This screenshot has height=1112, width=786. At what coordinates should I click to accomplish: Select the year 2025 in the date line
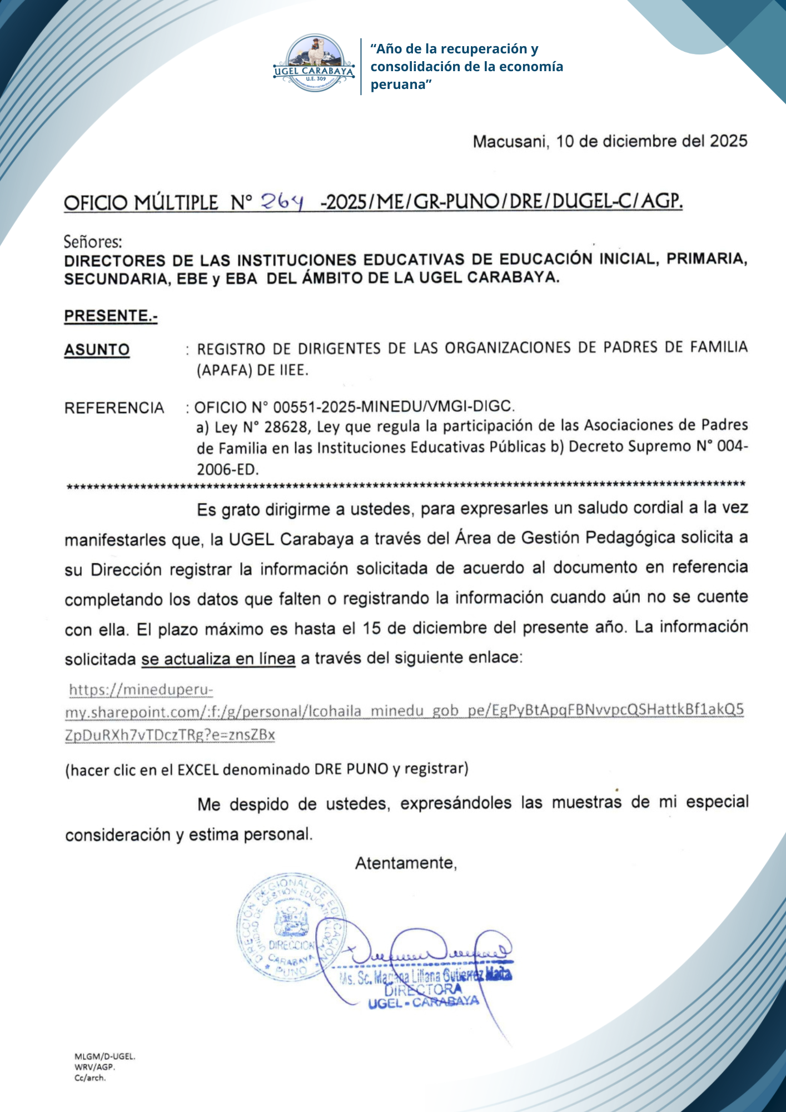728,141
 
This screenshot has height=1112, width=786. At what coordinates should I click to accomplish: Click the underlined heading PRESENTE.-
111,316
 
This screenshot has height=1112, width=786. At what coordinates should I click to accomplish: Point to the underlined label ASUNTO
97,350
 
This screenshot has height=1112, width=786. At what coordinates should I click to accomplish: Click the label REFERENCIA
114,408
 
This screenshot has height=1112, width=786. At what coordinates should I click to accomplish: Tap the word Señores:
93,242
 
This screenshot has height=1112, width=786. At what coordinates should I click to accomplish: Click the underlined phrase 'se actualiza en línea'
218,659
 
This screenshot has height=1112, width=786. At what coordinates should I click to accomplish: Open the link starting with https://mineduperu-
141,691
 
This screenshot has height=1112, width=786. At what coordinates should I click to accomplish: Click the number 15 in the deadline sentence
372,629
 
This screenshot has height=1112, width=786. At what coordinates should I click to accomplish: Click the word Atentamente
406,863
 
